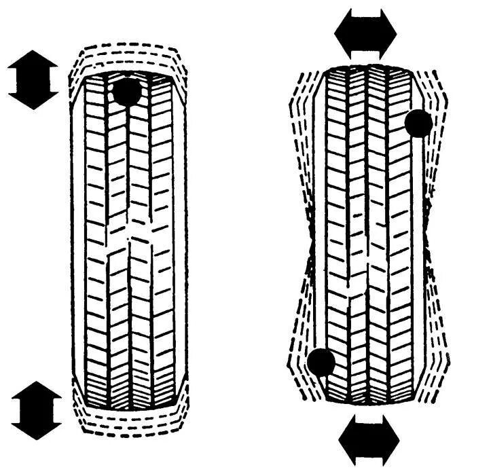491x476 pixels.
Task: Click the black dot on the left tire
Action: (127, 91)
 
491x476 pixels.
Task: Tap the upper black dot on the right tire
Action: (418, 124)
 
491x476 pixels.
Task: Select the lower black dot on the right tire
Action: (321, 363)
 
